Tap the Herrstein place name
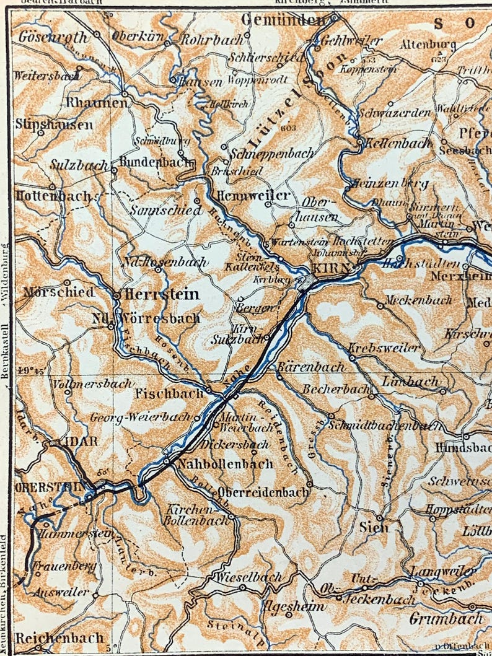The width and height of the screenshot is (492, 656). [x=162, y=294]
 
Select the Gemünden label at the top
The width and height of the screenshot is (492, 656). [x=283, y=20]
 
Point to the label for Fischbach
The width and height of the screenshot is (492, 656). [x=170, y=393]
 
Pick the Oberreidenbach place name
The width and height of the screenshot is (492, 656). [x=262, y=492]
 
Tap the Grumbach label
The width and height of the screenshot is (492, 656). [x=446, y=618]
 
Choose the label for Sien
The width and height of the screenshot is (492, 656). [x=374, y=527]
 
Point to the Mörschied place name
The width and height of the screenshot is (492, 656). [x=59, y=291]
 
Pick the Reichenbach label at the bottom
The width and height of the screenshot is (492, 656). [x=59, y=637]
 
